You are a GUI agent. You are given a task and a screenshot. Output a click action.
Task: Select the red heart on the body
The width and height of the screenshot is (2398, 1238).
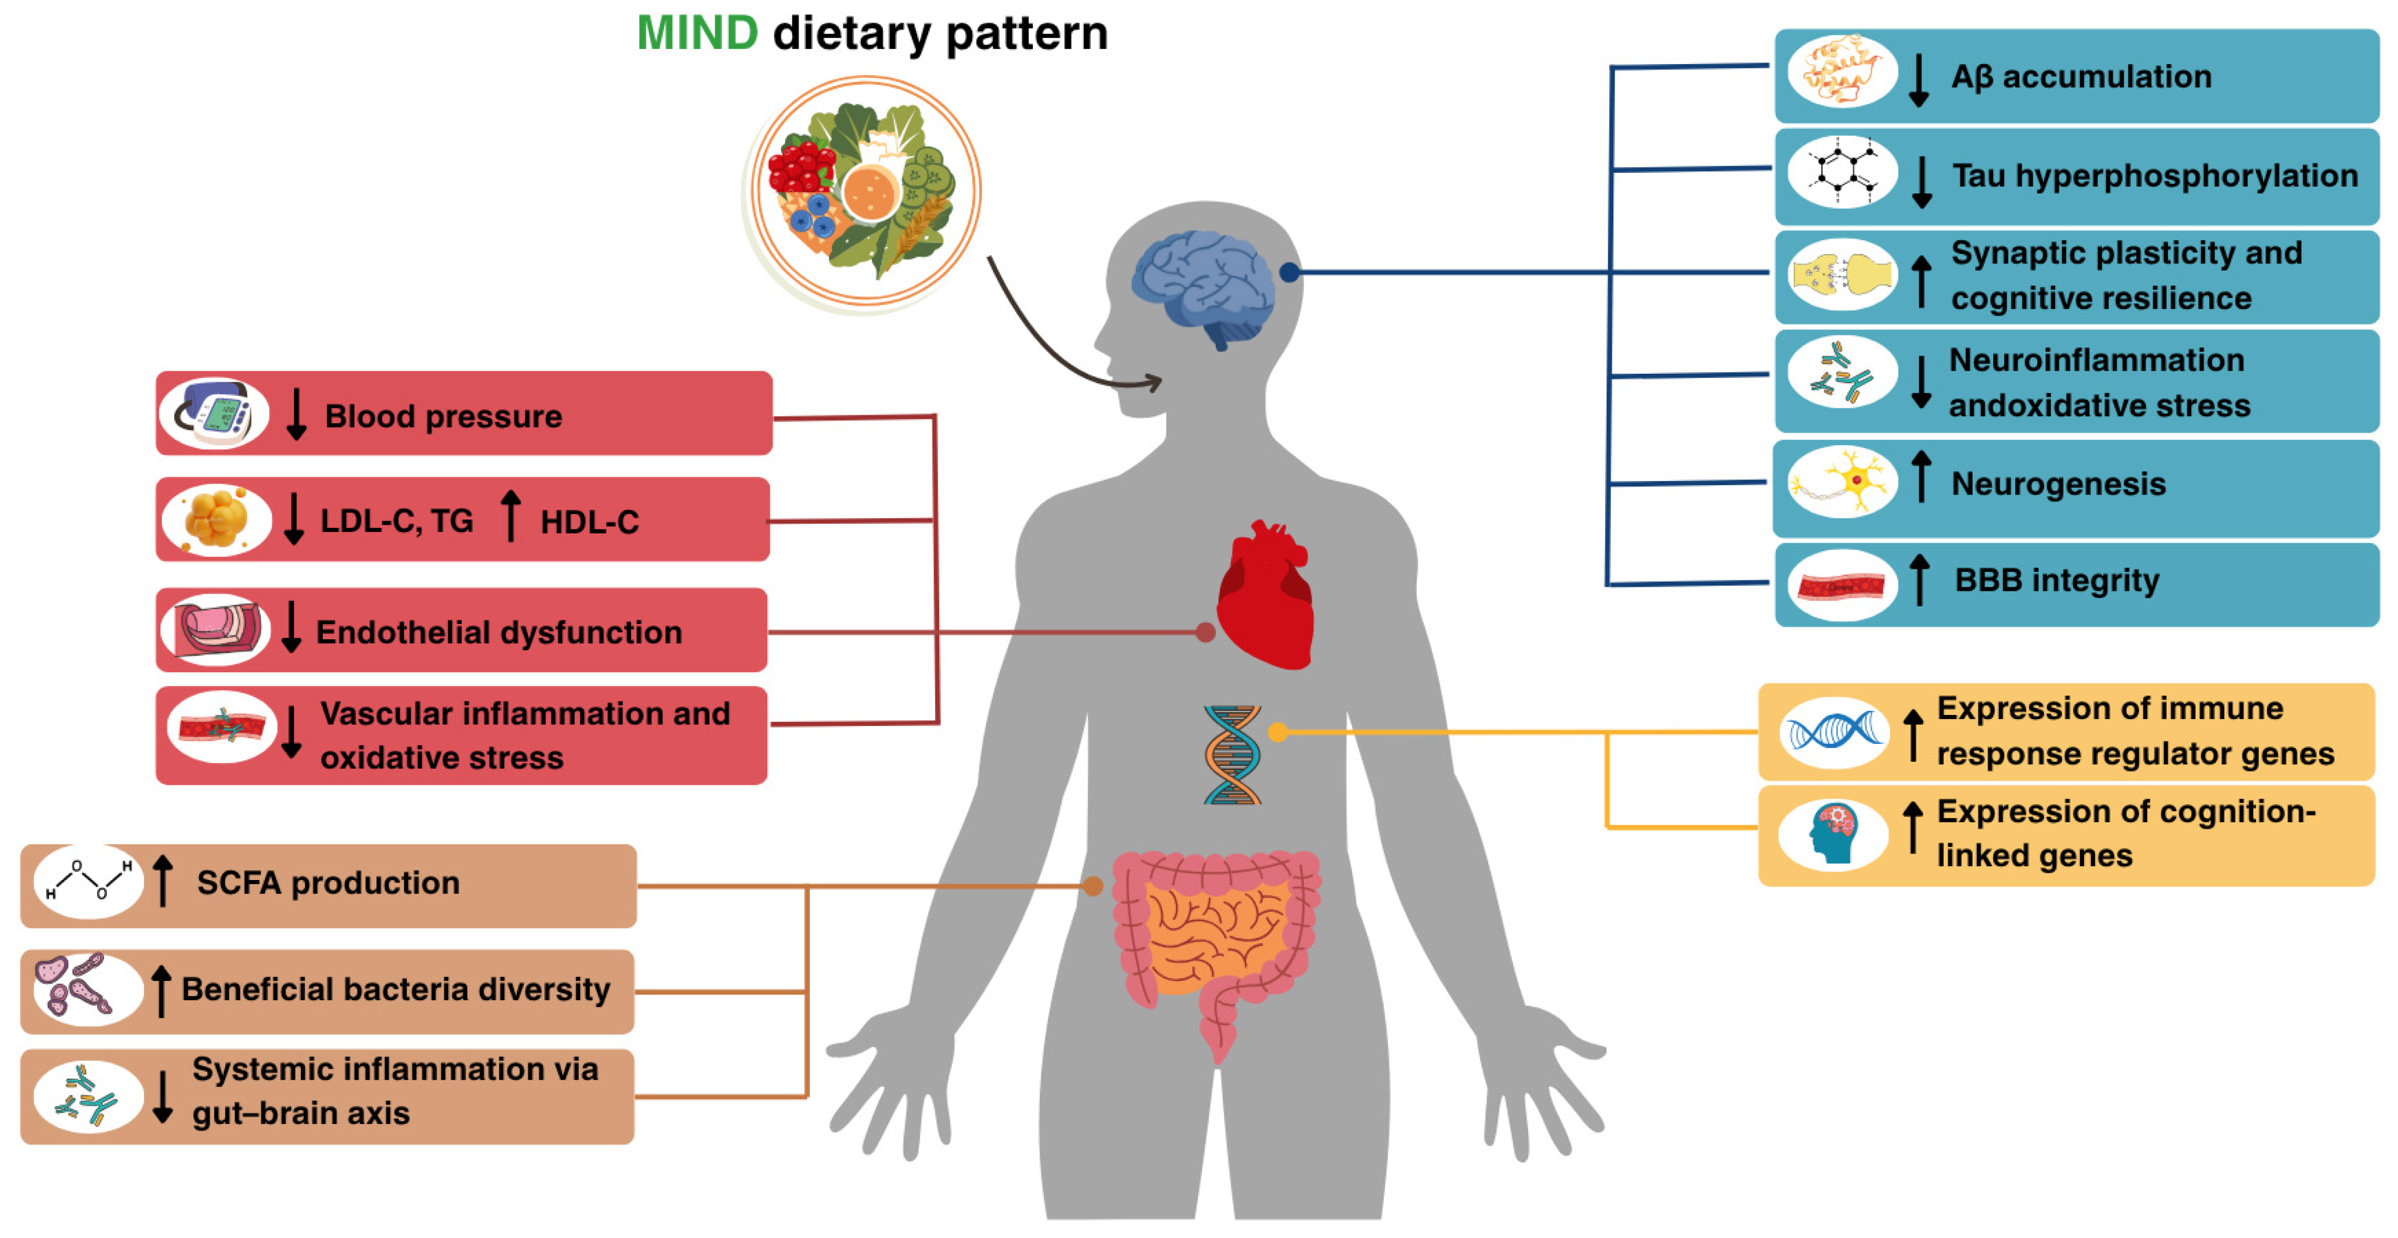[x=1266, y=596]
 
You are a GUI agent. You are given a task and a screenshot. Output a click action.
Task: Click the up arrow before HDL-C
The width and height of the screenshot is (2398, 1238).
[x=510, y=517]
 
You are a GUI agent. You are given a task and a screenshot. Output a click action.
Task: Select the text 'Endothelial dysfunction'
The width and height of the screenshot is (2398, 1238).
[x=499, y=633]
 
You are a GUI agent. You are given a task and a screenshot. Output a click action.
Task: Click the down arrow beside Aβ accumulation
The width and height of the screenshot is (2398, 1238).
[x=1918, y=80]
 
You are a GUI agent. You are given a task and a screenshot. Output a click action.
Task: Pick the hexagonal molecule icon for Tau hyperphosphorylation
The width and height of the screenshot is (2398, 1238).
[x=1841, y=173]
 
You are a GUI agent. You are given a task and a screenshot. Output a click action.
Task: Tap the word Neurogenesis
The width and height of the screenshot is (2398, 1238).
[x=2058, y=484]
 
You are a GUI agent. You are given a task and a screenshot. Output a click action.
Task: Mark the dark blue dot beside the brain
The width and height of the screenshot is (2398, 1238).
[x=1289, y=272]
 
